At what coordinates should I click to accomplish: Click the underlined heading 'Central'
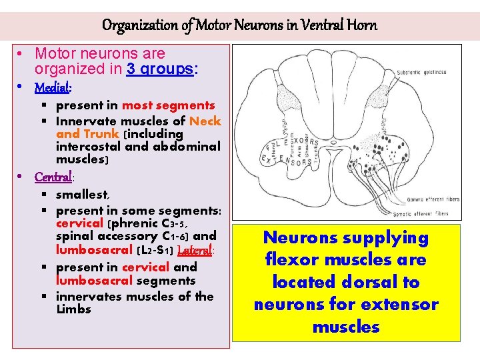(53, 177)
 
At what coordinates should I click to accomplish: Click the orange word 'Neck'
(205, 121)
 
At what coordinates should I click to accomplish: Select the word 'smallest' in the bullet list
(83, 195)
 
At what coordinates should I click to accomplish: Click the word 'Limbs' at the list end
(73, 309)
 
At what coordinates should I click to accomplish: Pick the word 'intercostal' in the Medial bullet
(91, 146)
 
